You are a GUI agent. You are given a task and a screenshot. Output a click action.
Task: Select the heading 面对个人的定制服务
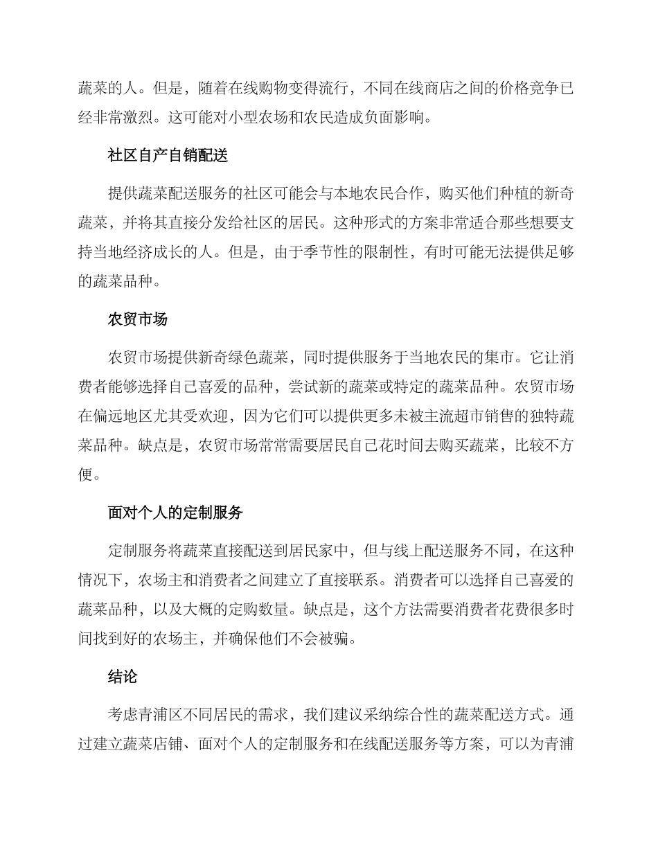(x=176, y=513)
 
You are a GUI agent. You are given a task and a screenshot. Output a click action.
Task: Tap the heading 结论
(x=123, y=677)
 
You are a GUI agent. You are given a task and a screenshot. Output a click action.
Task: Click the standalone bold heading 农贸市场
(x=138, y=319)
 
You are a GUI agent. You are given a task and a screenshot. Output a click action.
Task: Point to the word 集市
(x=496, y=358)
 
